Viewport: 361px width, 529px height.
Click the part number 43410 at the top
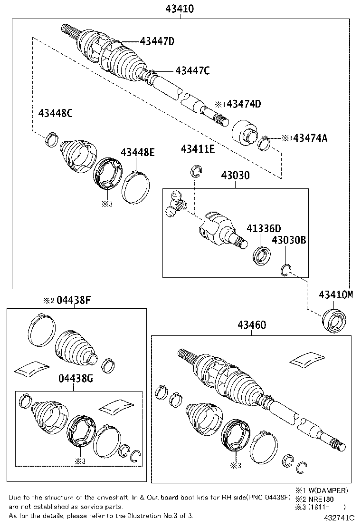coord(180,9)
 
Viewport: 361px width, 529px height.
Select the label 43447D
coord(157,41)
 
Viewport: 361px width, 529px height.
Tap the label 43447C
coord(192,70)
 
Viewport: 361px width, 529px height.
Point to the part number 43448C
coord(56,114)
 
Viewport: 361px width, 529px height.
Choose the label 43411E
coord(198,149)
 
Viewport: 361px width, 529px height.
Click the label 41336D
coord(264,228)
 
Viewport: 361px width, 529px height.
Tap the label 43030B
coord(288,241)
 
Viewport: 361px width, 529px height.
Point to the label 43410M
coord(336,294)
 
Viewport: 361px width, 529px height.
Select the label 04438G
coord(74,379)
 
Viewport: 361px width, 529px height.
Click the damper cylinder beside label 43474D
coord(245,132)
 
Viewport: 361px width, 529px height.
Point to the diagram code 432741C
coord(340,517)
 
